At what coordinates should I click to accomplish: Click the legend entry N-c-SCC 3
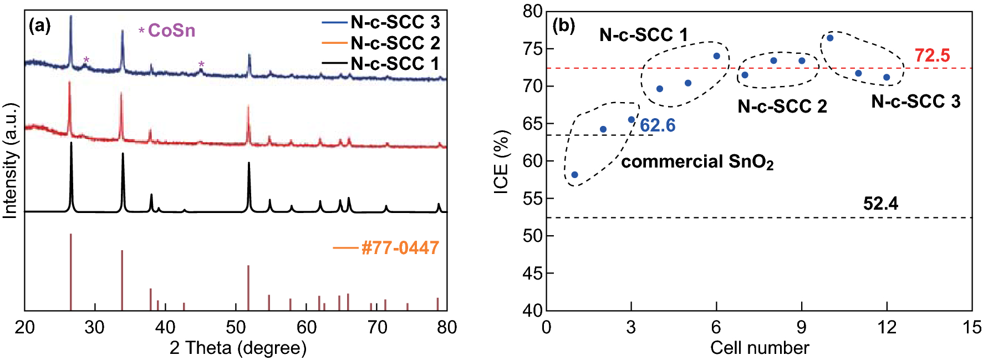tap(395, 22)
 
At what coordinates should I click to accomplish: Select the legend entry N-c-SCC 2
tap(395, 43)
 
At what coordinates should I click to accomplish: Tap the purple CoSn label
tap(171, 30)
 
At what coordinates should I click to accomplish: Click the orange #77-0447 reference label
tap(400, 247)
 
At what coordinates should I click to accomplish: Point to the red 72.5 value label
tap(932, 55)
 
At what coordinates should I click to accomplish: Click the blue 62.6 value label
tap(658, 125)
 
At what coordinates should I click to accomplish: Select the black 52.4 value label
tap(880, 204)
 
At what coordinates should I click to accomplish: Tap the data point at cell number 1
tap(575, 175)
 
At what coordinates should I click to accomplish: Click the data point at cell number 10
tap(830, 38)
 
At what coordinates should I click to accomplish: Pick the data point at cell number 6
tap(716, 56)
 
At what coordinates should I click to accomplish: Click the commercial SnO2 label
tap(697, 162)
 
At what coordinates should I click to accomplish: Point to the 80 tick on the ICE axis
tap(533, 12)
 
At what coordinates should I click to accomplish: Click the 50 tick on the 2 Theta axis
tap(236, 328)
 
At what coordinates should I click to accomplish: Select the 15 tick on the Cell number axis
tap(971, 328)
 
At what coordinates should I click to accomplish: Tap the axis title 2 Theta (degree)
tap(238, 348)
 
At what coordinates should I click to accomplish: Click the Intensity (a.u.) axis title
tap(11, 161)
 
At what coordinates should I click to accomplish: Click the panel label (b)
tap(563, 26)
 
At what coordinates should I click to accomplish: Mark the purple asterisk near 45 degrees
tap(201, 64)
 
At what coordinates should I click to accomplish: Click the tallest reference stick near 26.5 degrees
tap(71, 272)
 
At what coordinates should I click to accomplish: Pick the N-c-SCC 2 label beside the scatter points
tap(782, 106)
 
